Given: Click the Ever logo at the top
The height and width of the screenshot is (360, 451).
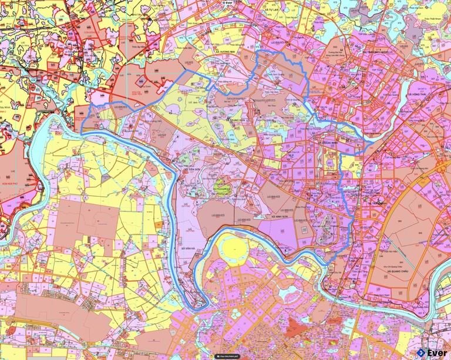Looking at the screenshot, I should (228, 3).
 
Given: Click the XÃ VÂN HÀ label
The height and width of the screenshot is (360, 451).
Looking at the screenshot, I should (187, 249).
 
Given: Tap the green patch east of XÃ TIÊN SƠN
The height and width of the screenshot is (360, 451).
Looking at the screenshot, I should (222, 187).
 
